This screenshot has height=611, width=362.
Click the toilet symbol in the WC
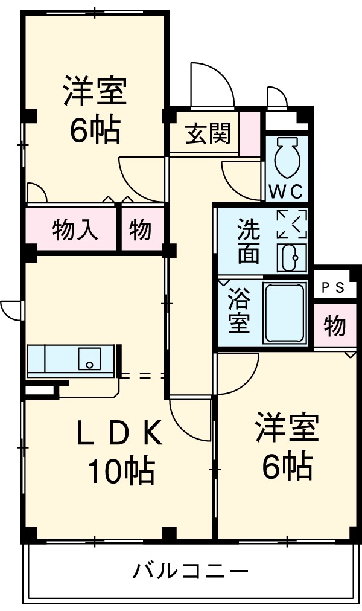pos(285,159)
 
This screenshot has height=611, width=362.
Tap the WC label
pos(285,191)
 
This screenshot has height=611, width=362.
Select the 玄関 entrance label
pos(208,135)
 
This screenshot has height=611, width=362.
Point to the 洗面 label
pos(248,241)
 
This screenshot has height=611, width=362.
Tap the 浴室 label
pos(239,312)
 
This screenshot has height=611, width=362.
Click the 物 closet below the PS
pos(334,326)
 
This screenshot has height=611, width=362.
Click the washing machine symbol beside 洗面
pos(292,223)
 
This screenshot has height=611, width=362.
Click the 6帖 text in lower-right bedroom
pos(287,465)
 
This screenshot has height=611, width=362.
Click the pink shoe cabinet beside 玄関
pos(250,134)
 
